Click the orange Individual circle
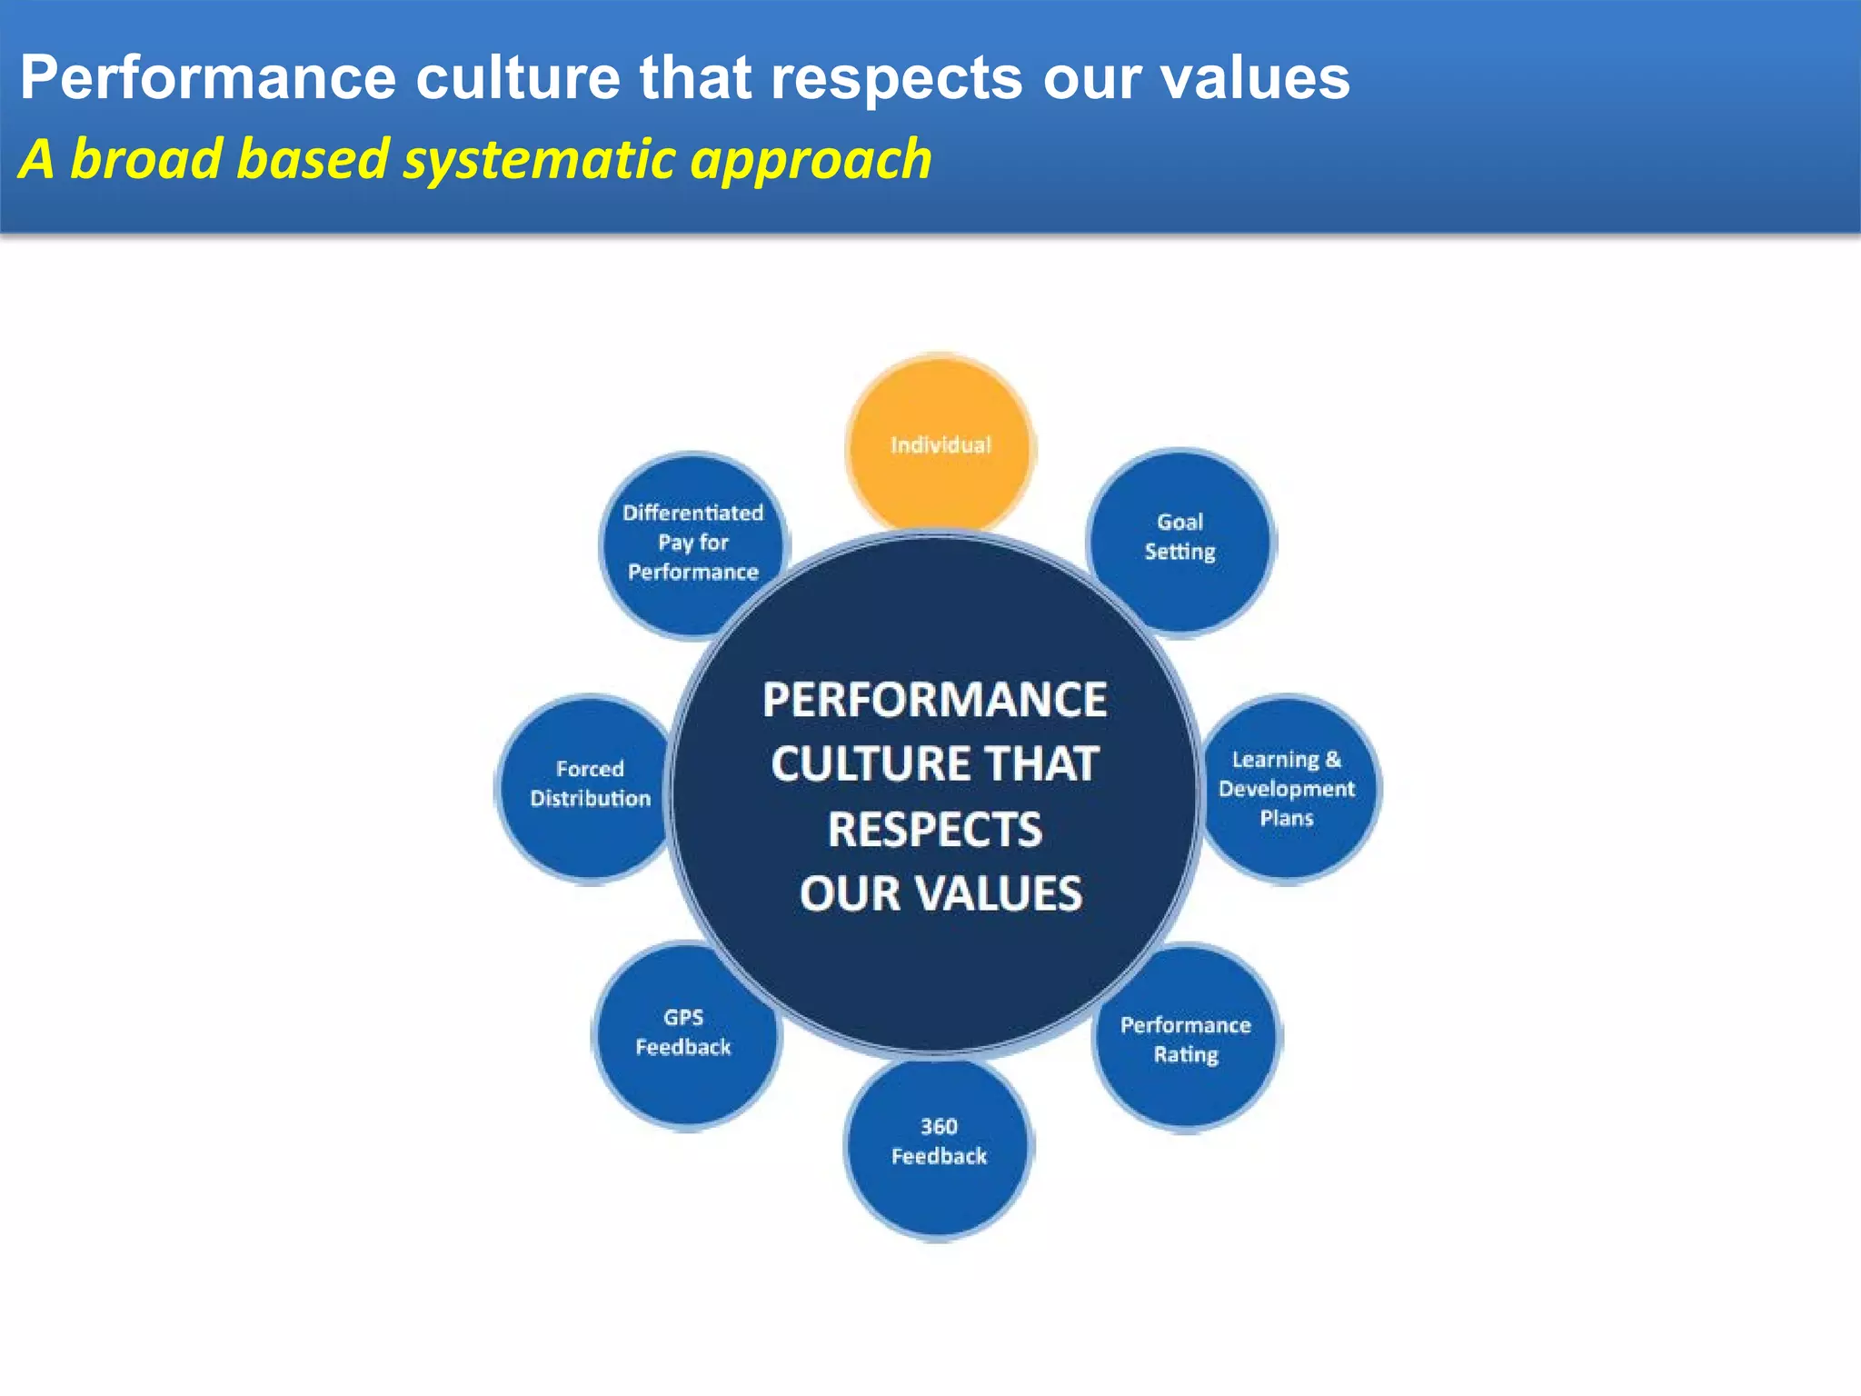pyautogui.click(x=940, y=444)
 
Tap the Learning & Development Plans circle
pyautogui.click(x=1288, y=788)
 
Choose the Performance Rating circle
pyautogui.click(x=1186, y=1039)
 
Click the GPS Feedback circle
pyautogui.click(x=683, y=1033)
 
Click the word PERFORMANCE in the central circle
pyautogui.click(x=934, y=700)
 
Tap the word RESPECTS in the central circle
pyautogui.click(x=934, y=830)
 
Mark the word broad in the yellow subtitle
pyautogui.click(x=146, y=159)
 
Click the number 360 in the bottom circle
pyautogui.click(x=939, y=1127)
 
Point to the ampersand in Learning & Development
pyautogui.click(x=1333, y=759)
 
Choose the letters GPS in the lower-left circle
pyautogui.click(x=683, y=1018)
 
